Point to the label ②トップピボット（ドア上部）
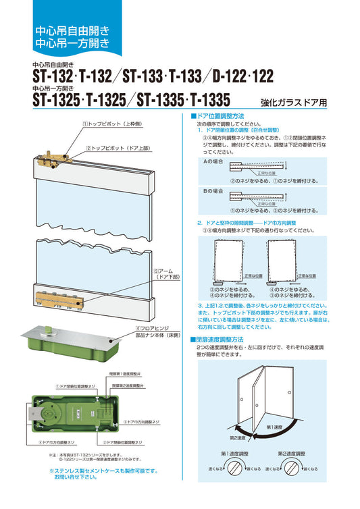coord(116,146)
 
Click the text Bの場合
coord(213,192)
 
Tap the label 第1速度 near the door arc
coord(293,427)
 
